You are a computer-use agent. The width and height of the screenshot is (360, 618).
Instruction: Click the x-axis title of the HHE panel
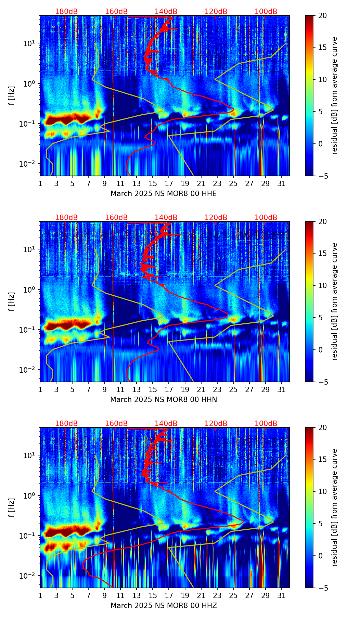point(164,194)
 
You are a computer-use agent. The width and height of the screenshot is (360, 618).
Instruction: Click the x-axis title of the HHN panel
point(164,400)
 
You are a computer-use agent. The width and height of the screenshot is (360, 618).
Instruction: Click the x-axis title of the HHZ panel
point(164,606)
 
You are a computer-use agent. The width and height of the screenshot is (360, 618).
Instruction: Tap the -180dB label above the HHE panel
point(65,12)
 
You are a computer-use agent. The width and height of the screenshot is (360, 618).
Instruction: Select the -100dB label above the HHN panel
point(265,218)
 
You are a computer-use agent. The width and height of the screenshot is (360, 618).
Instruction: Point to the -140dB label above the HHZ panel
point(165,424)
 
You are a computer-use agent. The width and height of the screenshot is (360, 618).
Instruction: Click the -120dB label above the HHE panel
point(215,12)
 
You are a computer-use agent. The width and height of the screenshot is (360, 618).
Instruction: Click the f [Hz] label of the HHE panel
point(11,96)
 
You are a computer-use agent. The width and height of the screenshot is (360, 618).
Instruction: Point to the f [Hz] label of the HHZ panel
point(11,508)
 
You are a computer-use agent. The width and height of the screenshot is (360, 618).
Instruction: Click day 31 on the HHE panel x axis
point(281,183)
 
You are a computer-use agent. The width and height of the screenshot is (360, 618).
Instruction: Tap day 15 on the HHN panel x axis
point(153,389)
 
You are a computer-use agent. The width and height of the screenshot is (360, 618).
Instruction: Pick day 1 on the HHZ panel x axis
point(40,595)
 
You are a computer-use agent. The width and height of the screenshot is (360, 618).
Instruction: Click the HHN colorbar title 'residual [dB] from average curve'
point(335,301)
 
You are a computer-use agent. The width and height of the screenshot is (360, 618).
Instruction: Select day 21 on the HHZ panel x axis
point(201,595)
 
